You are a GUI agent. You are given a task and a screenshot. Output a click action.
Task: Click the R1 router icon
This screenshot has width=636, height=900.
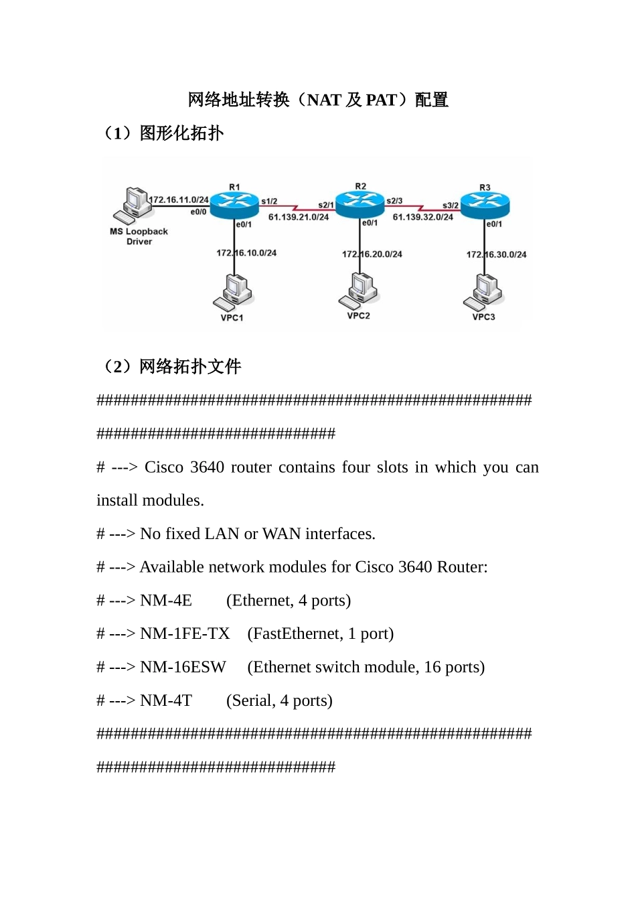point(234,204)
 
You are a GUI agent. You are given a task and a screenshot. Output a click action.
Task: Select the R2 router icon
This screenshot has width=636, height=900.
point(360,203)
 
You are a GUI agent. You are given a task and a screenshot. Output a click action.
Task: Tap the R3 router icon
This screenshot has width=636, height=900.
point(485,205)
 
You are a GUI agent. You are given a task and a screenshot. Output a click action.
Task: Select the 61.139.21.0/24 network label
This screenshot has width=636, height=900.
point(299,217)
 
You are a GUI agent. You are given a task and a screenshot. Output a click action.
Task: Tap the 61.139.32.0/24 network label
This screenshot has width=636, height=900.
point(422,217)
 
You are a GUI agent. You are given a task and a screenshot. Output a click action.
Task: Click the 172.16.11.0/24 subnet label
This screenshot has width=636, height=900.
point(179,200)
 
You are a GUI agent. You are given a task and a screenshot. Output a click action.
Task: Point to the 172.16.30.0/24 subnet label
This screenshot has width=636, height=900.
point(496,254)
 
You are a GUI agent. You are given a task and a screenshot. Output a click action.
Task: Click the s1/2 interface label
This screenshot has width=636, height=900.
point(269,201)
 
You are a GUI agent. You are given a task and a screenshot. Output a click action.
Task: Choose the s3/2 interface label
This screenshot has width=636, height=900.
point(451,206)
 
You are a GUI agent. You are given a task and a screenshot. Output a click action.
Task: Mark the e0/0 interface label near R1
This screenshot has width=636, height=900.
point(198,212)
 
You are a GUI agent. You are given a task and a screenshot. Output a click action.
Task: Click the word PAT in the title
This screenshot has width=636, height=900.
point(381,100)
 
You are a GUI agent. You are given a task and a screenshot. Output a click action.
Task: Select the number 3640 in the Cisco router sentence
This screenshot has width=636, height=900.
point(207,467)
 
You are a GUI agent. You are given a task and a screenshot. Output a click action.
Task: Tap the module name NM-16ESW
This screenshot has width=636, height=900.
point(183,667)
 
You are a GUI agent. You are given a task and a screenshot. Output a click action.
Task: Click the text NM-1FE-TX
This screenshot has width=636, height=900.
point(185,633)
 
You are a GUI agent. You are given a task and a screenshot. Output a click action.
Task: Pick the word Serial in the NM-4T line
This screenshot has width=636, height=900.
point(251,700)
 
